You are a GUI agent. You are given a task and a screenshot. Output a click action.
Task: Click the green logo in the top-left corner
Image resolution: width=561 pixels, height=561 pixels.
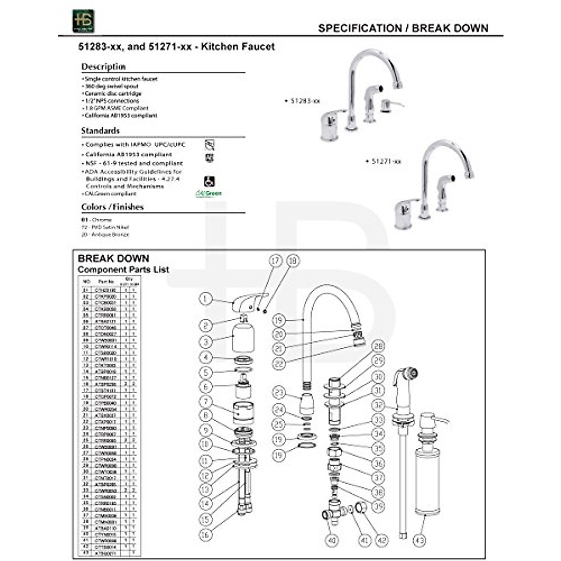[83, 21]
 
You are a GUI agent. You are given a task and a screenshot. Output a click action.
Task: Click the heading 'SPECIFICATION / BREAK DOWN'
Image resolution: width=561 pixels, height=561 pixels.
[403, 28]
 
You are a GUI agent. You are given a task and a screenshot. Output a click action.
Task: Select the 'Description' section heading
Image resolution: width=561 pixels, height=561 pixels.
[103, 66]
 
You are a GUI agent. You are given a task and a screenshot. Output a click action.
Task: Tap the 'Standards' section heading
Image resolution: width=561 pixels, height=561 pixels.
[100, 130]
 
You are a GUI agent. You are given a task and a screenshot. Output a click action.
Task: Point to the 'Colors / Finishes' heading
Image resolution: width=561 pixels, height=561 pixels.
[112, 207]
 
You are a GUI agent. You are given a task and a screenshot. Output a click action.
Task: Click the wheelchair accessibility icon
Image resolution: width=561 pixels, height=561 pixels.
[209, 181]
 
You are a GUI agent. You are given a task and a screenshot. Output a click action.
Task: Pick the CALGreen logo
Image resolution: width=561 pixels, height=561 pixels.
[209, 193]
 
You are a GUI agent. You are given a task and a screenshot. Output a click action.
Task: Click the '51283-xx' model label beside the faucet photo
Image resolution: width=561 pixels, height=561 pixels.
[304, 101]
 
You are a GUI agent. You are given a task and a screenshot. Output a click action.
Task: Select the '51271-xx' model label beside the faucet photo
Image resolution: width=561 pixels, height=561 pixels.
[386, 161]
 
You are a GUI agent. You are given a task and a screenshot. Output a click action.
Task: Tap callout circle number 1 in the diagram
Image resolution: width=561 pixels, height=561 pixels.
[206, 299]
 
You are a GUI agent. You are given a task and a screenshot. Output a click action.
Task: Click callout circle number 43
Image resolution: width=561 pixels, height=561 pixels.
[419, 540]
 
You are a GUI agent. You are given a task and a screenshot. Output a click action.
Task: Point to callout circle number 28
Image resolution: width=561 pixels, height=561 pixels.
[378, 346]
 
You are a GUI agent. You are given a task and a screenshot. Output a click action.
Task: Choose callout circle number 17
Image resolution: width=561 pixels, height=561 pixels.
[276, 261]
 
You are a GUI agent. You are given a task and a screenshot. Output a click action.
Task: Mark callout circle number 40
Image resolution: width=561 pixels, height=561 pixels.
[331, 540]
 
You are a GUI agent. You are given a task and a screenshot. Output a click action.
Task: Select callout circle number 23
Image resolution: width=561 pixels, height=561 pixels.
[279, 392]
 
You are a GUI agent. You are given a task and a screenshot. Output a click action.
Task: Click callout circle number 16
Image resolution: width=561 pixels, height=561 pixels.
[206, 534]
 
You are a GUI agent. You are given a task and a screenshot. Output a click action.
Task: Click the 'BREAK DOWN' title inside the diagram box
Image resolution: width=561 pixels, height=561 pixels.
[114, 259]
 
